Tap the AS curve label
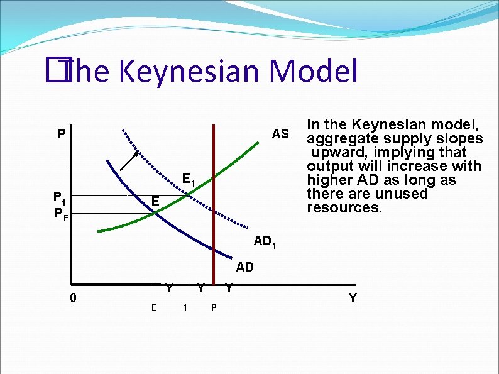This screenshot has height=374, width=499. [280, 134]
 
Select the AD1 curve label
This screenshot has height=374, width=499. [264, 241]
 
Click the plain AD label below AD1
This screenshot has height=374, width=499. [245, 267]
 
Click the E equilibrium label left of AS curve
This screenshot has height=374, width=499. [155, 201]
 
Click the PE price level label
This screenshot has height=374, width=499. [62, 214]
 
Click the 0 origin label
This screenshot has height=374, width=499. [74, 298]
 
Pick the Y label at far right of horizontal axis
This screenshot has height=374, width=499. [353, 298]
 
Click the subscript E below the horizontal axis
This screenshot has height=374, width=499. [153, 307]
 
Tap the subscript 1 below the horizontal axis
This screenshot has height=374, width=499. [184, 307]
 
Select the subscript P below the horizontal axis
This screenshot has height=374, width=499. [214, 307]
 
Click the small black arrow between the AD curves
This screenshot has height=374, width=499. [130, 160]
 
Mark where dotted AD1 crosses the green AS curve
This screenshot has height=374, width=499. [187, 196]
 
